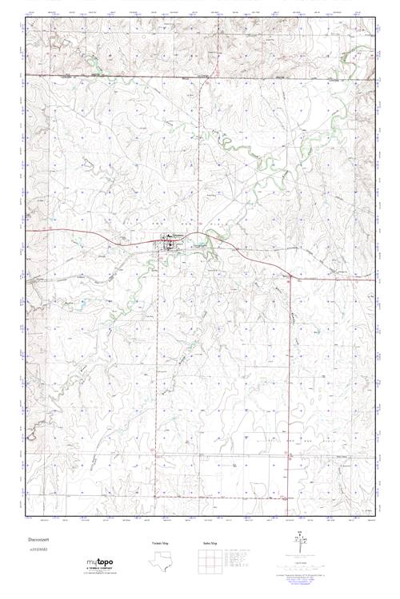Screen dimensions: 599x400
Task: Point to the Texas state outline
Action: pos(159,561)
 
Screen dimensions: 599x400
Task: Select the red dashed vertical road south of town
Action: pos(157,359)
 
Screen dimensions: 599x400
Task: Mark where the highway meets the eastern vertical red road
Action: pos(290,276)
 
